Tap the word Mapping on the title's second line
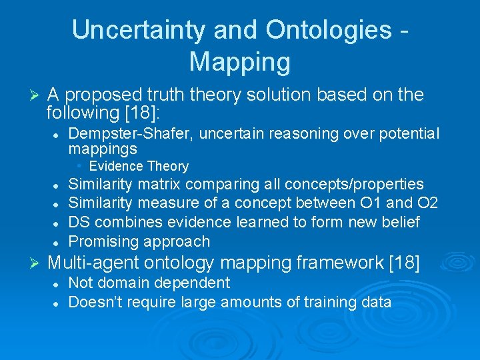coord(240,61)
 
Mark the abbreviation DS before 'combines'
coord(80,222)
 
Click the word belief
coord(400,222)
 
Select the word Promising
coord(103,241)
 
